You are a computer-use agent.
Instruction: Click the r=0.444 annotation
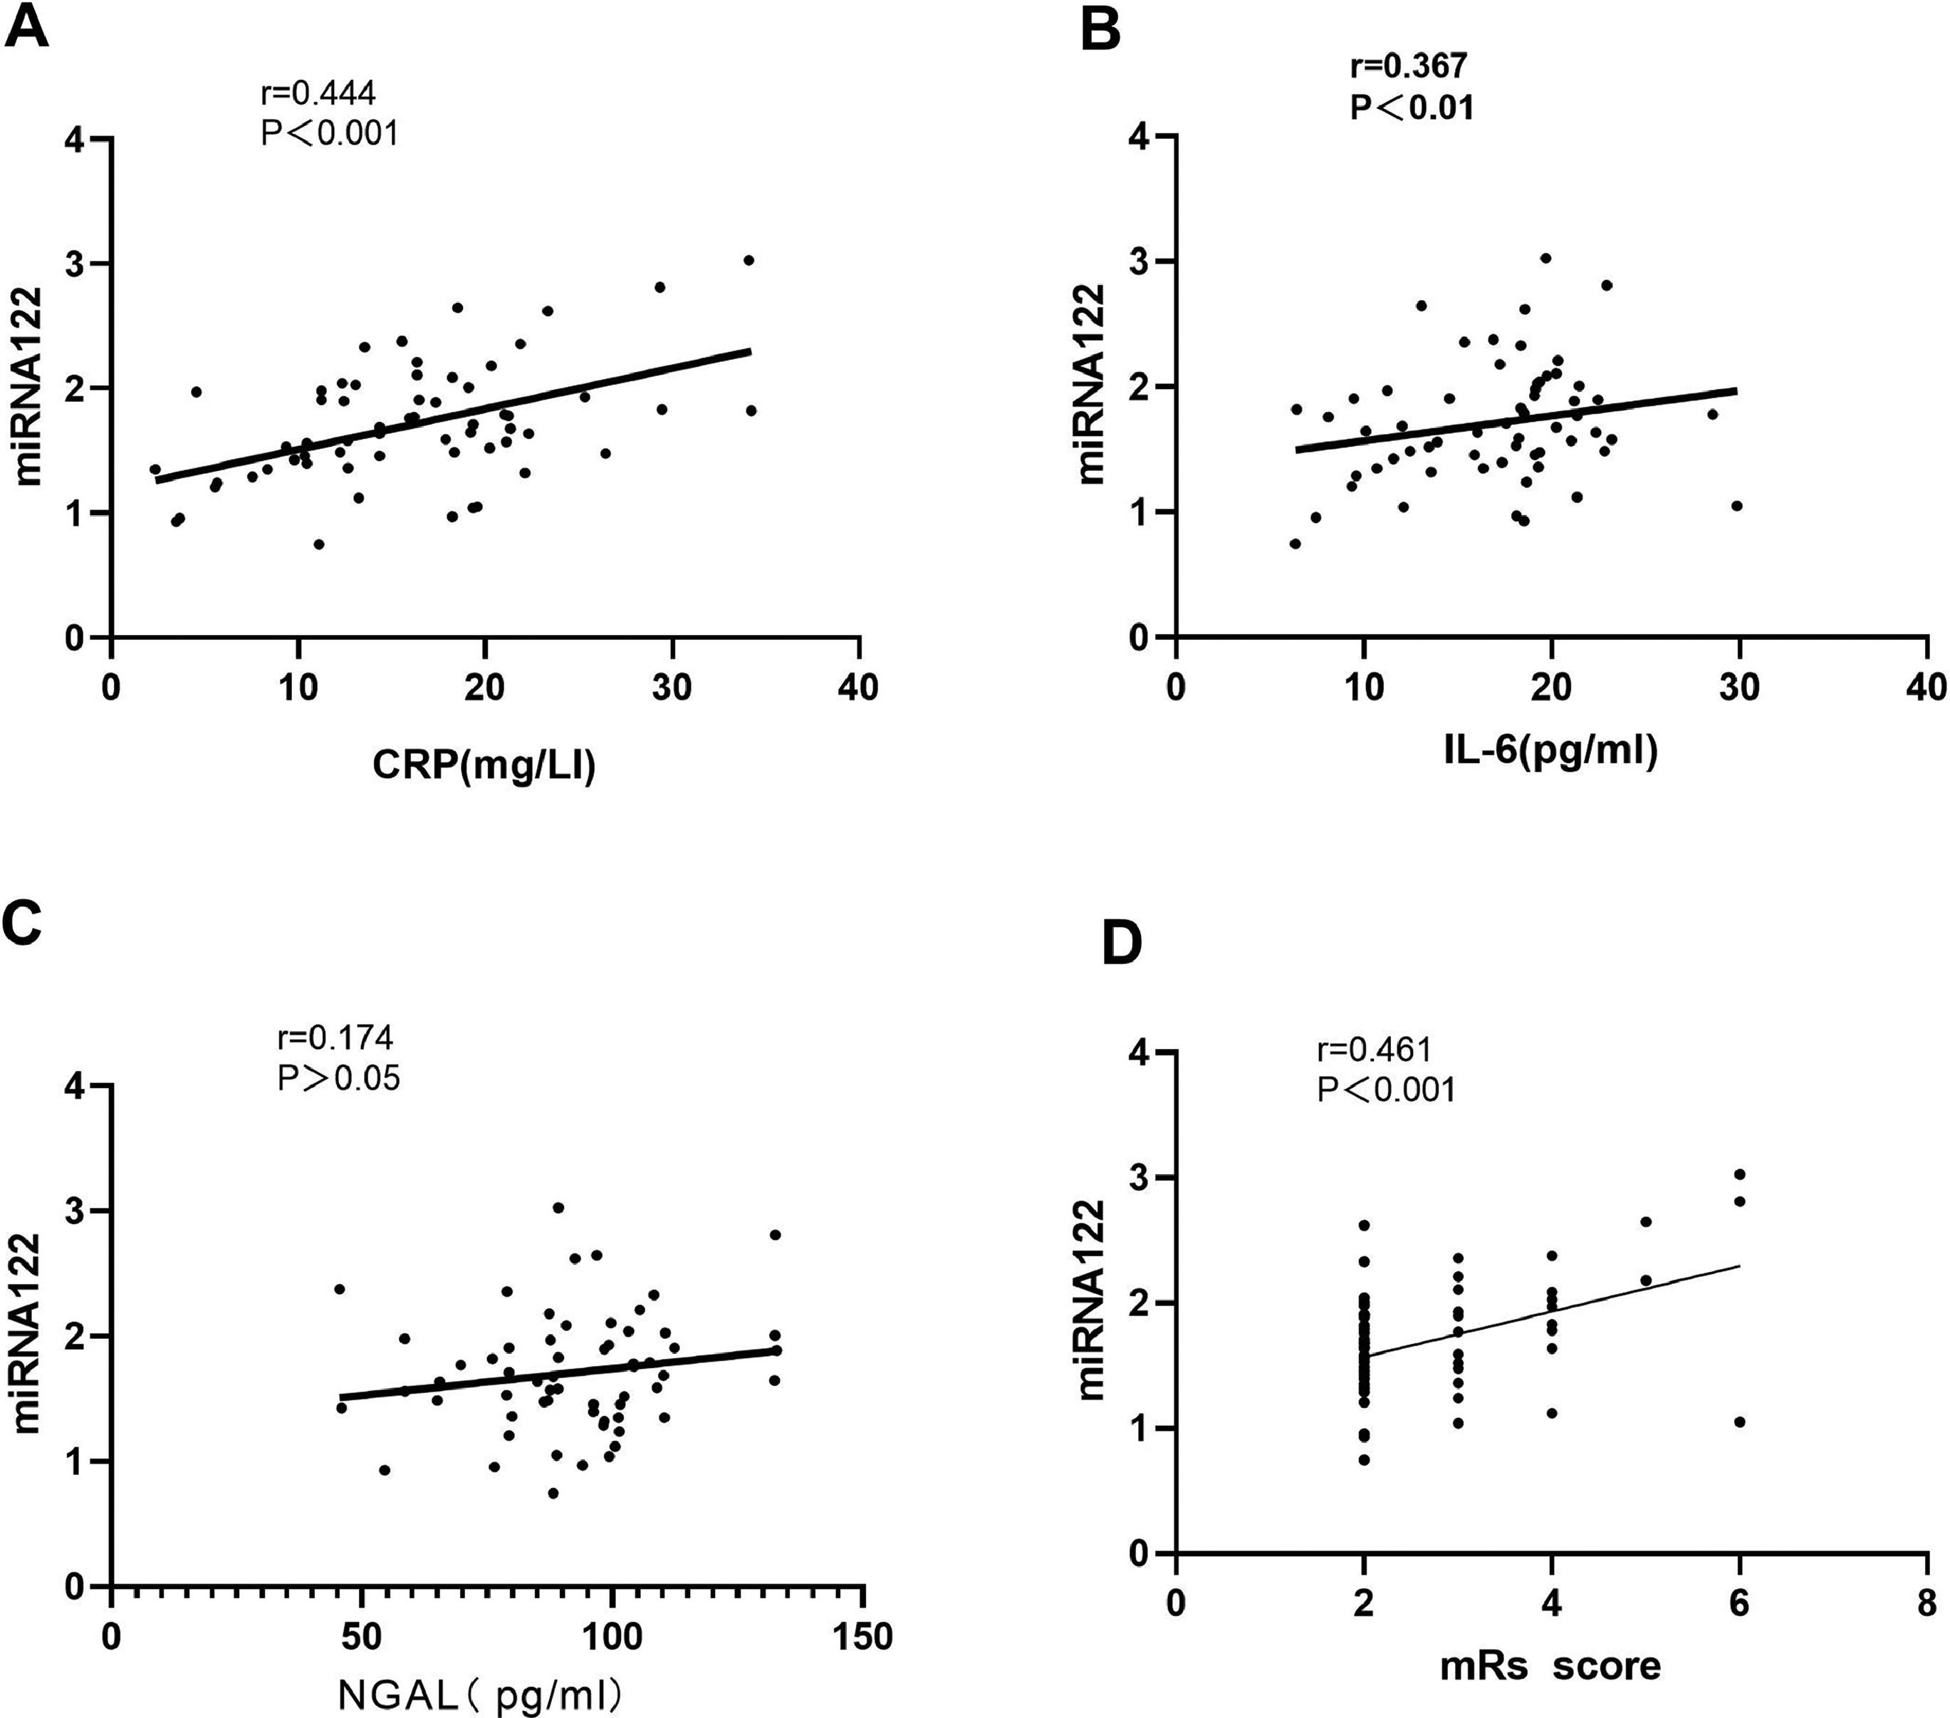318,93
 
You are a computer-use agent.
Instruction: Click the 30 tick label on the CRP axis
672,687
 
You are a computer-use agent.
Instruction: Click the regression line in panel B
1517,420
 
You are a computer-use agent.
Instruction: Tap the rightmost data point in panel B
1736,506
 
